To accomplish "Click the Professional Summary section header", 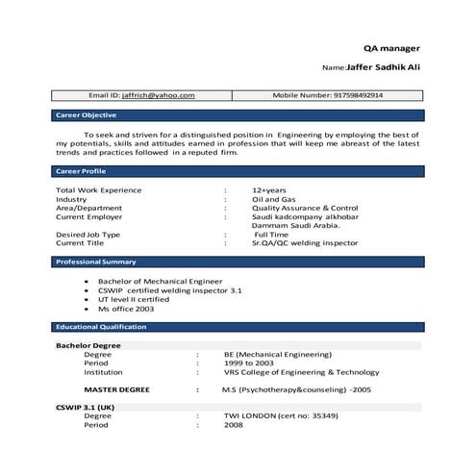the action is [95, 262].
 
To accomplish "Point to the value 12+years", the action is [270, 190].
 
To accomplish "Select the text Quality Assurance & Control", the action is [305, 208].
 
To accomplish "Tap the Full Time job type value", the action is [272, 235].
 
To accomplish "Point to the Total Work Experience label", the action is [99, 190].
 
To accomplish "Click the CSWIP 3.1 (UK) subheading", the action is [86, 407].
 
